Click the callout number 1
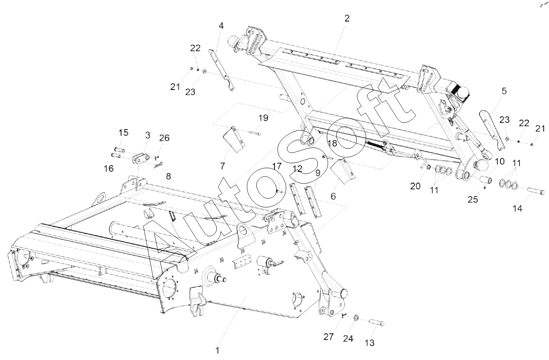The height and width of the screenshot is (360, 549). tap(218, 350)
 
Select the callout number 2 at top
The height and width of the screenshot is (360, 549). tap(347, 18)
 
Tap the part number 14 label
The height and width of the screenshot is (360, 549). tap(518, 209)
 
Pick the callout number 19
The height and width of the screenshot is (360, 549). tap(263, 118)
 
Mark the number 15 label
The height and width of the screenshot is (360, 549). tap(123, 133)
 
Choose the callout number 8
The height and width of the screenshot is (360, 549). tap(168, 176)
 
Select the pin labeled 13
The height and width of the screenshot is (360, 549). tap(375, 322)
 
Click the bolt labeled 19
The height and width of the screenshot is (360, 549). tap(255, 133)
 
